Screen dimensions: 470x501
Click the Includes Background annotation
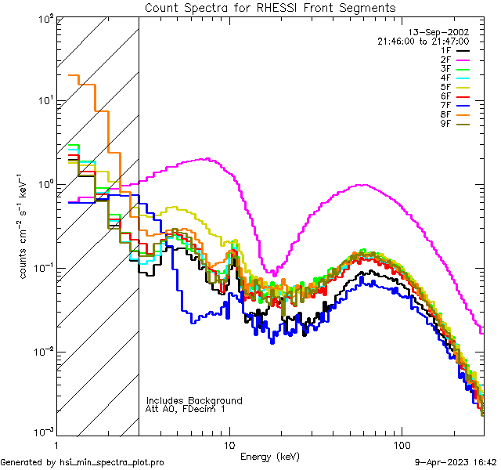pyautogui.click(x=194, y=400)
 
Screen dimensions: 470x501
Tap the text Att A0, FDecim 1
pyautogui.click(x=185, y=409)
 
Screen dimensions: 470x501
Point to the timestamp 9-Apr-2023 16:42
pyautogui.click(x=456, y=462)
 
